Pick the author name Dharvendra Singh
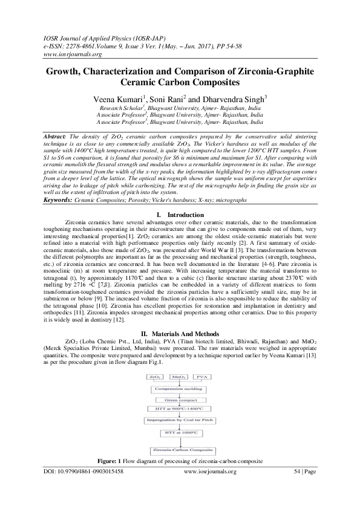[229, 99]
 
